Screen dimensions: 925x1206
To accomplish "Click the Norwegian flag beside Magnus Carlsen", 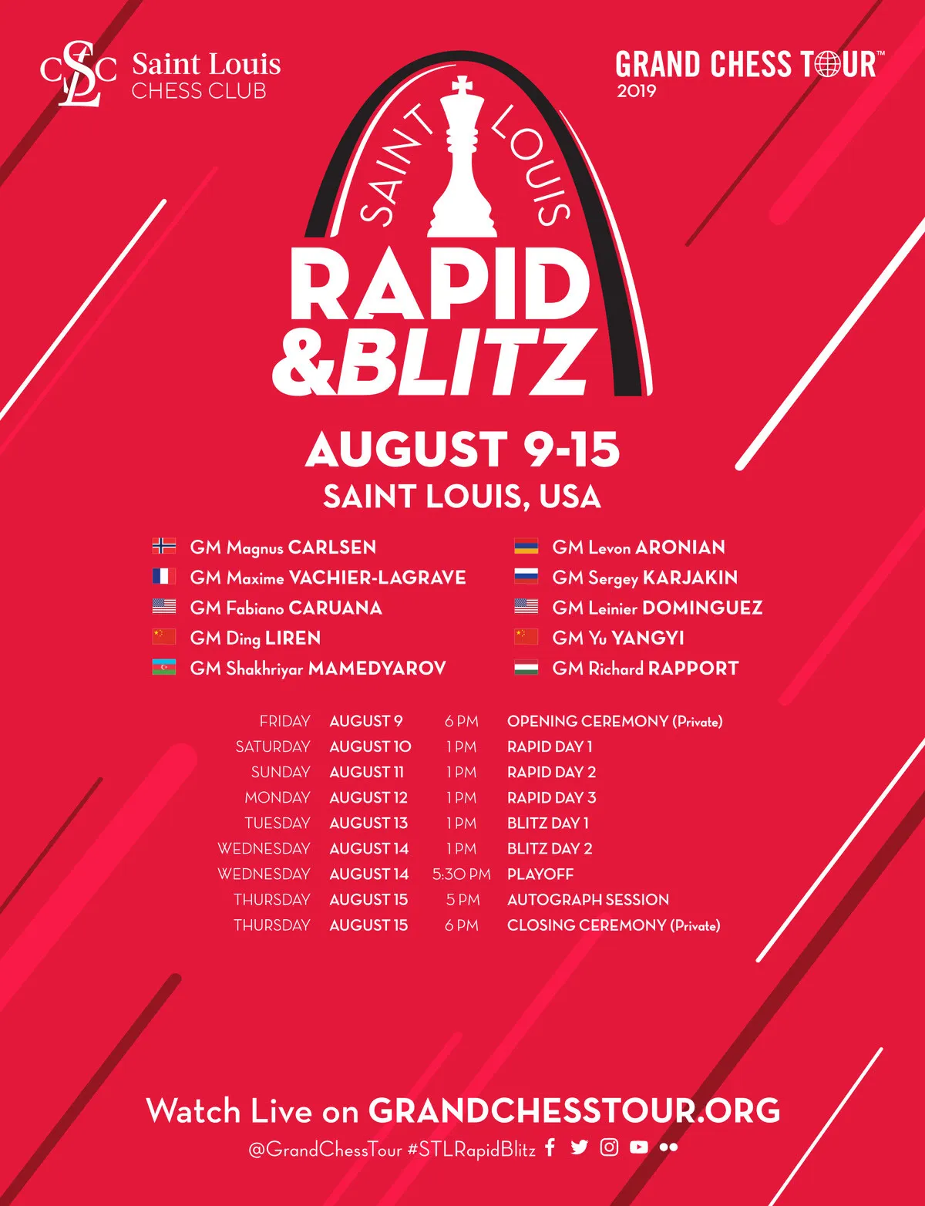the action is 164,546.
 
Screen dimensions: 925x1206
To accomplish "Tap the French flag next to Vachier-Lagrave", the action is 164,576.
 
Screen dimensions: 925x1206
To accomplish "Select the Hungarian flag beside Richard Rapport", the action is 526,667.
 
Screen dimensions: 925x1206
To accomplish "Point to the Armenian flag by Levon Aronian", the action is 526,546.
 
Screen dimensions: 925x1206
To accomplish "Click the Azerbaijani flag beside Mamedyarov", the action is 164,667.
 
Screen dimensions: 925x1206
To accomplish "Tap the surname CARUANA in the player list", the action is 335,608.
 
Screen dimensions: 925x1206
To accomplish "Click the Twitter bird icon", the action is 579,1147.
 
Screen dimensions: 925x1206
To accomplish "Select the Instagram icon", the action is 609,1147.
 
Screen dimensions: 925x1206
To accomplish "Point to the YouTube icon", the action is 639,1147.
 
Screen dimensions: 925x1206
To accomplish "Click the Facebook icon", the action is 550,1147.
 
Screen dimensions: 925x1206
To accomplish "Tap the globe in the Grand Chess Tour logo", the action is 827,64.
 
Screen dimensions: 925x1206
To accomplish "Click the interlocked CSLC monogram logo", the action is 78,72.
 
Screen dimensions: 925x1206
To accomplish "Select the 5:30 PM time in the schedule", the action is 462,874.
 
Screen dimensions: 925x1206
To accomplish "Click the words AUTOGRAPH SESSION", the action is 588,900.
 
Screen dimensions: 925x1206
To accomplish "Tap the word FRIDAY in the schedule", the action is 284,722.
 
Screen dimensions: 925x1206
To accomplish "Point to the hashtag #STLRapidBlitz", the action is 472,1149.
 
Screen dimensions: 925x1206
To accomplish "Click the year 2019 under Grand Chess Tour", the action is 637,91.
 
